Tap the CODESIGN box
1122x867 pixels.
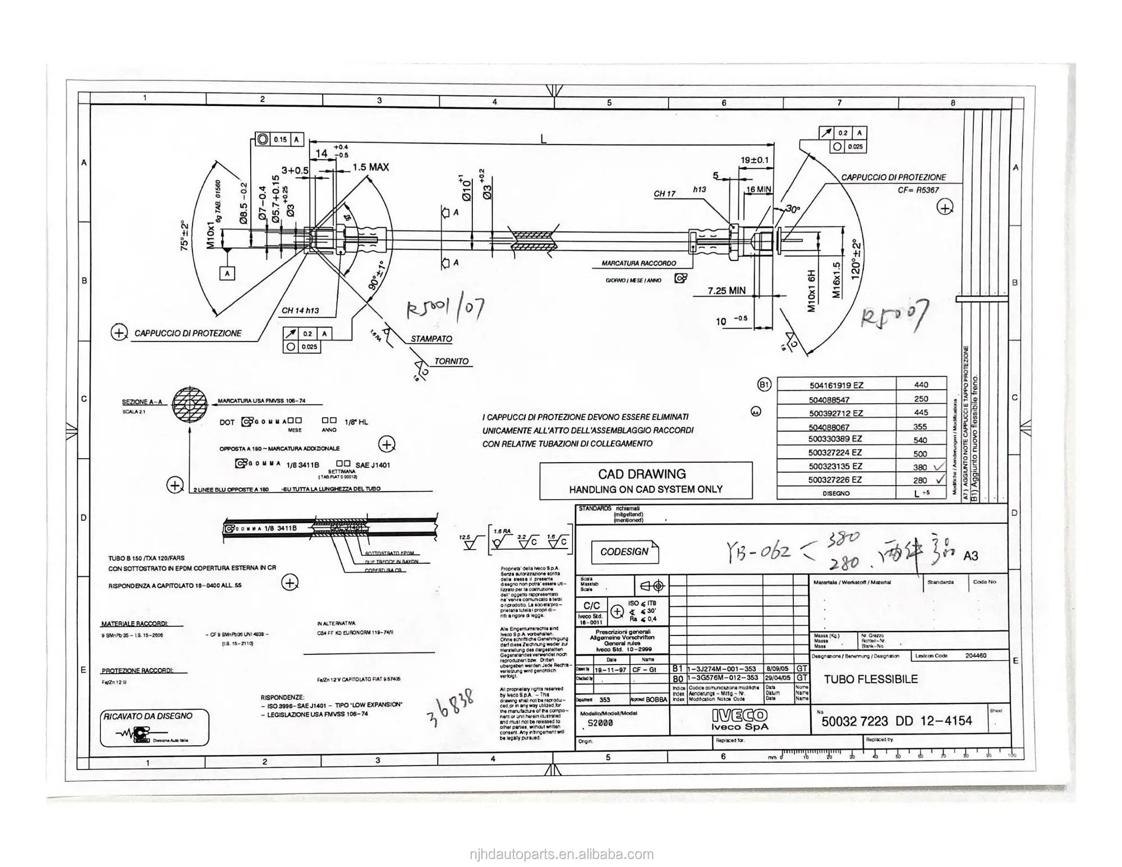[624, 552]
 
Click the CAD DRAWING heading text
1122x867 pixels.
[641, 474]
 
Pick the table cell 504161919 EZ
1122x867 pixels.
[836, 385]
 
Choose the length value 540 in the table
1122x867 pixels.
[920, 440]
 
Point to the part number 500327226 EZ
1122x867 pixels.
[835, 480]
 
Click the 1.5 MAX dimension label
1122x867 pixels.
[370, 167]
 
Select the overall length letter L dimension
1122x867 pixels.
[543, 140]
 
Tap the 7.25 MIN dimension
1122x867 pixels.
[726, 290]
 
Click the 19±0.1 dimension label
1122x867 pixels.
[755, 160]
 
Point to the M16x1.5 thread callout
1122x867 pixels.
[836, 280]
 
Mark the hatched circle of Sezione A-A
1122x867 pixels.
[189, 404]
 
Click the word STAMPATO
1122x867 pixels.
[431, 339]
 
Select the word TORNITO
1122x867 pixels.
[451, 361]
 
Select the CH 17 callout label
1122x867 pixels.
[664, 194]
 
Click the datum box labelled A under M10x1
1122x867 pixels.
[227, 274]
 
